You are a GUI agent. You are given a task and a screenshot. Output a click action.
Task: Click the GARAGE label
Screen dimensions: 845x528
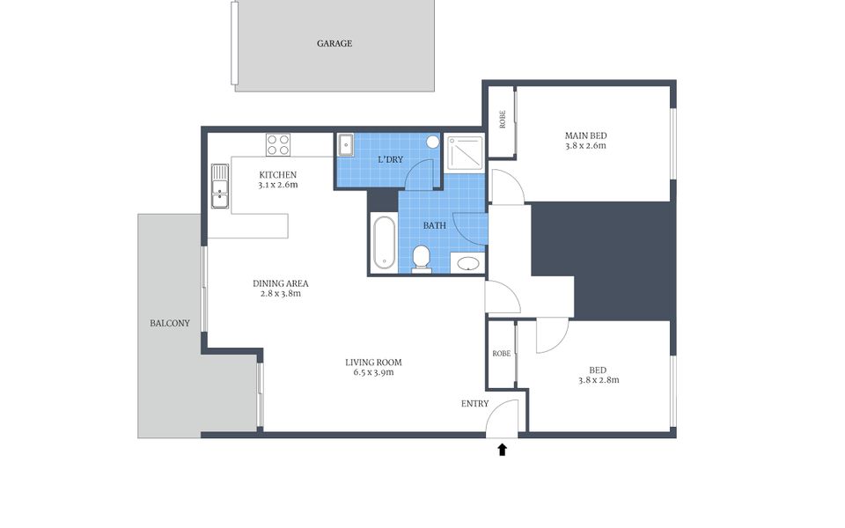(334, 44)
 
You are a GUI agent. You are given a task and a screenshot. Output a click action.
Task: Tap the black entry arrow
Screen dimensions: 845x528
(503, 450)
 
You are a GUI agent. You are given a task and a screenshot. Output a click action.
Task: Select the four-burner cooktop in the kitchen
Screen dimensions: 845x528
(278, 144)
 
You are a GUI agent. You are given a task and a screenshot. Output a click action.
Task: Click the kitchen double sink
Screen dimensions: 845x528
(219, 186)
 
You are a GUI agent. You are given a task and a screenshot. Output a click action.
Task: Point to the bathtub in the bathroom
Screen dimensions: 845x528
(385, 243)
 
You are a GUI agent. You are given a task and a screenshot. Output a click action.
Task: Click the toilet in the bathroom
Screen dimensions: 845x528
(421, 259)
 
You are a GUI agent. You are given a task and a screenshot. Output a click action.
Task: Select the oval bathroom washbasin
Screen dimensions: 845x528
(467, 263)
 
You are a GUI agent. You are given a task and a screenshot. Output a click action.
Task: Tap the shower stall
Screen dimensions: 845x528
(465, 152)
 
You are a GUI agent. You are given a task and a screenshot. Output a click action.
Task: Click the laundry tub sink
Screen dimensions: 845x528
(345, 145)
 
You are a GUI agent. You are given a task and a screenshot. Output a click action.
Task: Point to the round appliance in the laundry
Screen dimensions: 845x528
(433, 142)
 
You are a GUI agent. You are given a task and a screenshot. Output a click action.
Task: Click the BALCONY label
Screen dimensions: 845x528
(170, 323)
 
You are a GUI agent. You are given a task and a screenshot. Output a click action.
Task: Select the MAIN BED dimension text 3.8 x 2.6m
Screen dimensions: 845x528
(586, 145)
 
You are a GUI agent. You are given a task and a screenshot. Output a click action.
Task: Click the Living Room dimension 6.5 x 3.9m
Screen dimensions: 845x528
(373, 372)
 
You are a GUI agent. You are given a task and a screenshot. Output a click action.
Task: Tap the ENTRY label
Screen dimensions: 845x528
(474, 404)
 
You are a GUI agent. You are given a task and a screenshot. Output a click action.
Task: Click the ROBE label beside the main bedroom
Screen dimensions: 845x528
(503, 119)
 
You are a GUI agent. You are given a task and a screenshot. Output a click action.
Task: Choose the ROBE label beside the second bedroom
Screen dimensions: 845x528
(501, 354)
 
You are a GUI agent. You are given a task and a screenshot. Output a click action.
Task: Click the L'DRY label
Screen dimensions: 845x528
(390, 159)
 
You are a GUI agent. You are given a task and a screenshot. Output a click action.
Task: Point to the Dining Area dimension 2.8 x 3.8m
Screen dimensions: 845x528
(280, 294)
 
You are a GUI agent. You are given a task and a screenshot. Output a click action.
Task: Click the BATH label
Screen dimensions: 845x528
(434, 226)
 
